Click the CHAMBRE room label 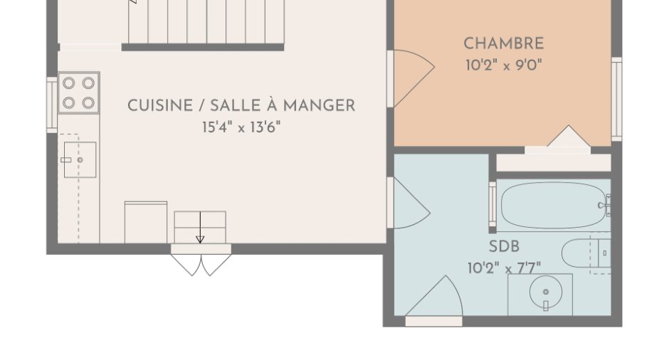tap(503, 43)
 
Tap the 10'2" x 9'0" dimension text tap(503, 65)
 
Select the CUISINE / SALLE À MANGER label tap(241, 105)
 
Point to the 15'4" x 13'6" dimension tap(241, 127)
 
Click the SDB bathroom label tap(504, 246)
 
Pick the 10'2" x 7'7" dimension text tap(504, 268)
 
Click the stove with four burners tap(79, 92)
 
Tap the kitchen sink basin tap(80, 160)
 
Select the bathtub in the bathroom tap(554, 206)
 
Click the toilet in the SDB tap(586, 253)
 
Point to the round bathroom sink tap(546, 292)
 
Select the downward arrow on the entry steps tap(200, 228)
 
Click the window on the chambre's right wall tap(616, 99)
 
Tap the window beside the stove tap(52, 105)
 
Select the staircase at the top tap(206, 21)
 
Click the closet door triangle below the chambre tap(569, 136)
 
